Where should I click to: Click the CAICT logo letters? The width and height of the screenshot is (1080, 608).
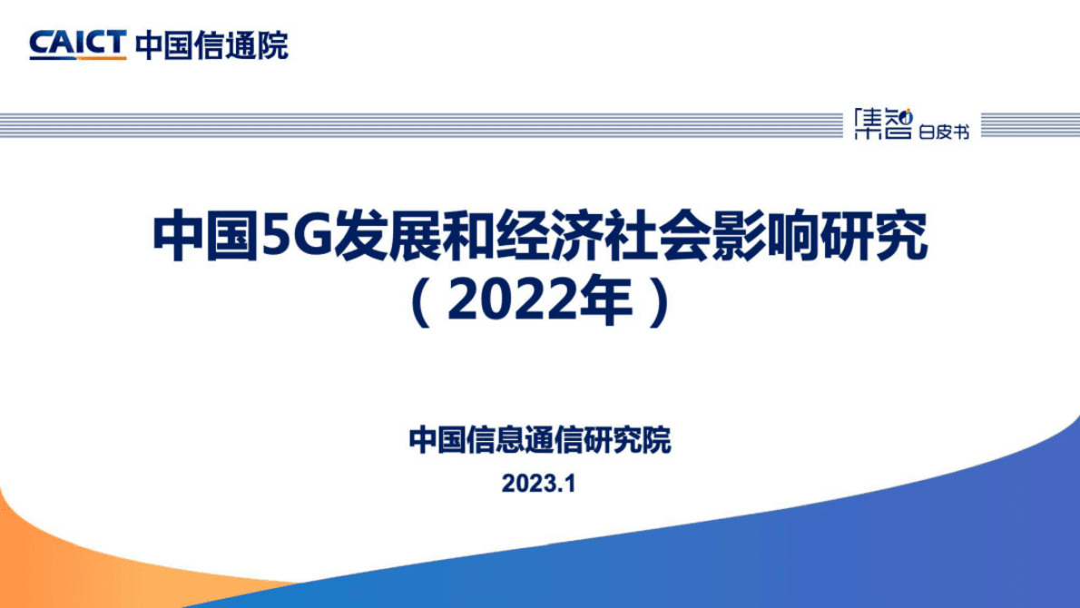(77, 42)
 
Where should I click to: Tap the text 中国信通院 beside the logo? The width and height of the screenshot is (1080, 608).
(211, 44)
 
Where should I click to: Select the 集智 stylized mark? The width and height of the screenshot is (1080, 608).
(882, 125)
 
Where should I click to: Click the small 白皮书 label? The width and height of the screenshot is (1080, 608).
(944, 132)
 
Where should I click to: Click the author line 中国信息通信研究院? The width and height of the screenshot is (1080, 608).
(540, 441)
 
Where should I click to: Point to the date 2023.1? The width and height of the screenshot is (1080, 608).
(539, 485)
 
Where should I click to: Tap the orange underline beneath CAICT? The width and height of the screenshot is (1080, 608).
(77, 58)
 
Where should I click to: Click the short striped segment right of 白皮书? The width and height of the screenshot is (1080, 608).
(1029, 125)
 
